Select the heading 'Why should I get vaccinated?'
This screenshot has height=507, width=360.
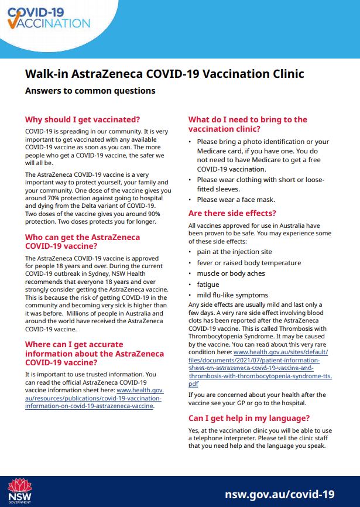[x=83, y=119]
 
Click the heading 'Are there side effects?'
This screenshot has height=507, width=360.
[x=232, y=213]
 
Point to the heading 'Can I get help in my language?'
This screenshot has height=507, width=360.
[x=249, y=419]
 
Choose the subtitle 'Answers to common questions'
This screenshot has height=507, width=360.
[x=90, y=91]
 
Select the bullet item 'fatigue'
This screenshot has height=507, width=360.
[x=208, y=285]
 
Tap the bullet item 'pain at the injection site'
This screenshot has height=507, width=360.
[x=234, y=252]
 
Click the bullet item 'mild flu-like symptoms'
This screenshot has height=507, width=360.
[x=232, y=295]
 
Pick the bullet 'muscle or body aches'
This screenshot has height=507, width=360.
[x=231, y=273]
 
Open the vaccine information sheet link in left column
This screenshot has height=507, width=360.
[x=94, y=398]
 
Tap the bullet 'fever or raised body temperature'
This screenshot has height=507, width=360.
[x=249, y=263]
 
